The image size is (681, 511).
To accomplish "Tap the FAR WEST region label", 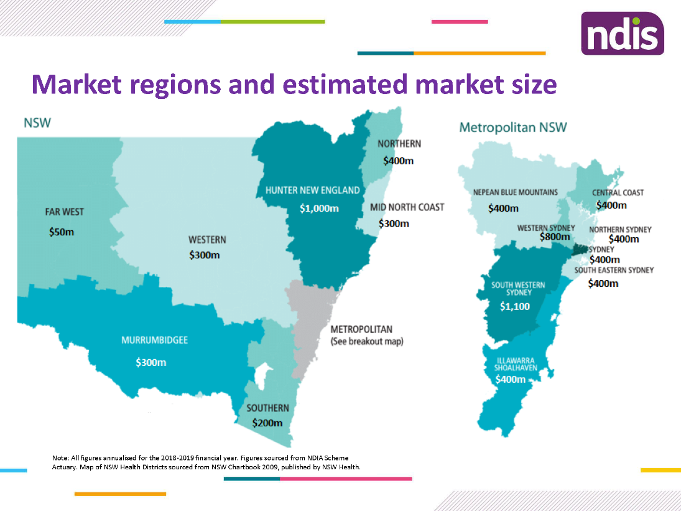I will click(64, 212).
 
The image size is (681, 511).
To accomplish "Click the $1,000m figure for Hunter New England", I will click(319, 208).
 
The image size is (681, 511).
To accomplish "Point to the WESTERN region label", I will click(207, 240).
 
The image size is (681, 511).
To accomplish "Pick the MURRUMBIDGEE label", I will click(154, 340).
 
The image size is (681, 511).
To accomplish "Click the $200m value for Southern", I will click(267, 423).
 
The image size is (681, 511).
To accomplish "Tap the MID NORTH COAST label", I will click(407, 207).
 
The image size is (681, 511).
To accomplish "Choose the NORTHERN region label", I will click(399, 144).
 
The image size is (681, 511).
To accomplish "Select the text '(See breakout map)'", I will click(366, 342).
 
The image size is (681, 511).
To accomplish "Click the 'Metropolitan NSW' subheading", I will click(512, 128).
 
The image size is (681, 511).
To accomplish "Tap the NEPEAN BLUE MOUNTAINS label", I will click(515, 192).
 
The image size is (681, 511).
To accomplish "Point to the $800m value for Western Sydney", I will click(555, 237).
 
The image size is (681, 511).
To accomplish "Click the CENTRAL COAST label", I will click(618, 193).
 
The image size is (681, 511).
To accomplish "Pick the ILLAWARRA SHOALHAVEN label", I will click(514, 364).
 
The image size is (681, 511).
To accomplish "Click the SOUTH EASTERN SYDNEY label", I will click(614, 271).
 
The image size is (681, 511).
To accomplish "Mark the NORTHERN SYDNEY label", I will click(620, 230).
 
